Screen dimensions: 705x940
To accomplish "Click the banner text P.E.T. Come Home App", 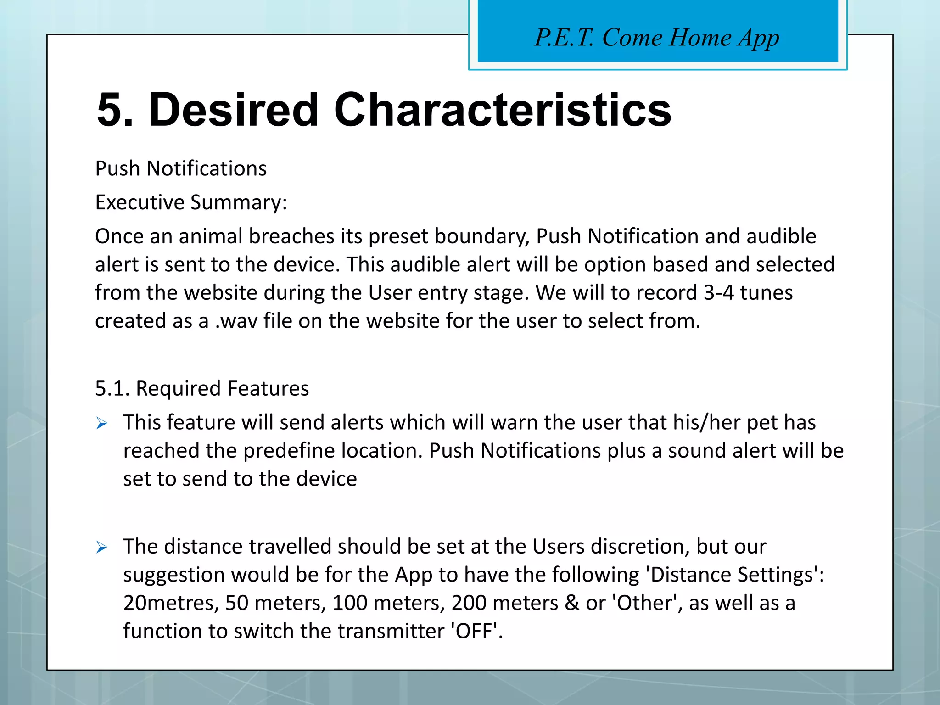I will point(657,38).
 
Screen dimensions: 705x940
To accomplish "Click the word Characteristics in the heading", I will point(503,110).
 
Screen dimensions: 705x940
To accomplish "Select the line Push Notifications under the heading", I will point(181,169).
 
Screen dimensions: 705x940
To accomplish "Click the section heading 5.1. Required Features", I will point(202,389).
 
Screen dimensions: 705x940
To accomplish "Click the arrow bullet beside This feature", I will point(102,423).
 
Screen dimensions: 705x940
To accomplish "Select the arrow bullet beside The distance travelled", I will point(102,547).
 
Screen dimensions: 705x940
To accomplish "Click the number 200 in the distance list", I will point(469,603).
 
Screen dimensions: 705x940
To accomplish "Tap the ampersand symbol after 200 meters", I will point(572,603).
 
